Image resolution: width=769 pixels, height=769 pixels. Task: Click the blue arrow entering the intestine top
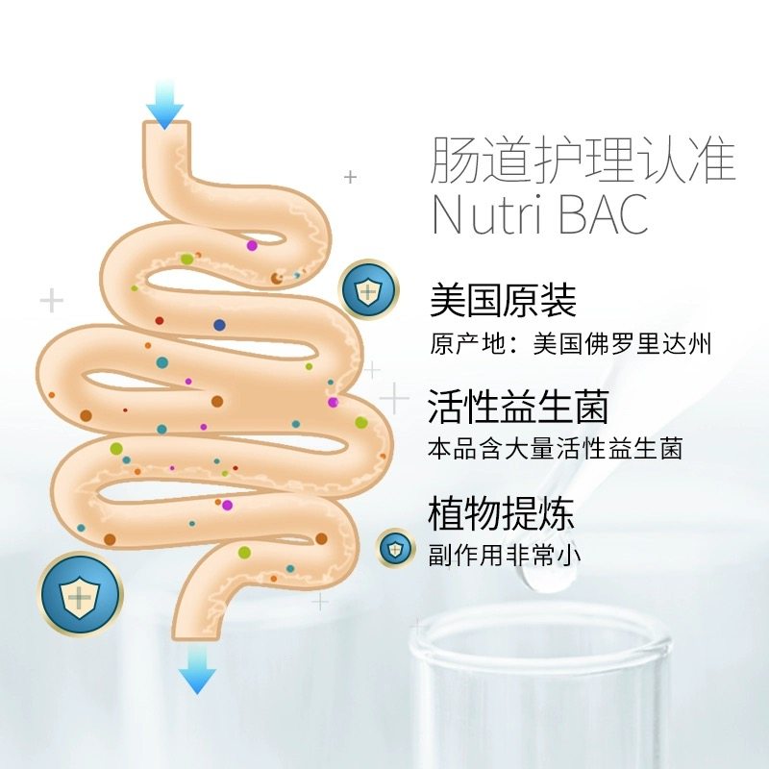tap(165, 106)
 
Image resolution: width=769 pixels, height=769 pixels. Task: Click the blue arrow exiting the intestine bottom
tap(197, 669)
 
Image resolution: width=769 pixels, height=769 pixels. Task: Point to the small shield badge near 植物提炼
tap(394, 548)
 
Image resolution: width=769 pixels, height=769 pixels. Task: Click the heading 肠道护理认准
tap(583, 161)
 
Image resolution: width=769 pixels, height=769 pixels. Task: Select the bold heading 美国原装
tap(502, 301)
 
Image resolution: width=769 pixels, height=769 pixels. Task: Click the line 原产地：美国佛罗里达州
tap(571, 343)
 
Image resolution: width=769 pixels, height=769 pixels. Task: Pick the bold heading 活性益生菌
tap(519, 407)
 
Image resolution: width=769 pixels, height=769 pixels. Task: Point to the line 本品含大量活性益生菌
tap(556, 449)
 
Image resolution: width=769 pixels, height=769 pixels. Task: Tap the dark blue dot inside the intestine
tap(219, 325)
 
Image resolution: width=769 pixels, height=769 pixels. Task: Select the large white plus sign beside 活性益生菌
tap(393, 396)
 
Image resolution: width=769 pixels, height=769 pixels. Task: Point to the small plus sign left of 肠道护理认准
tap(351, 177)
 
